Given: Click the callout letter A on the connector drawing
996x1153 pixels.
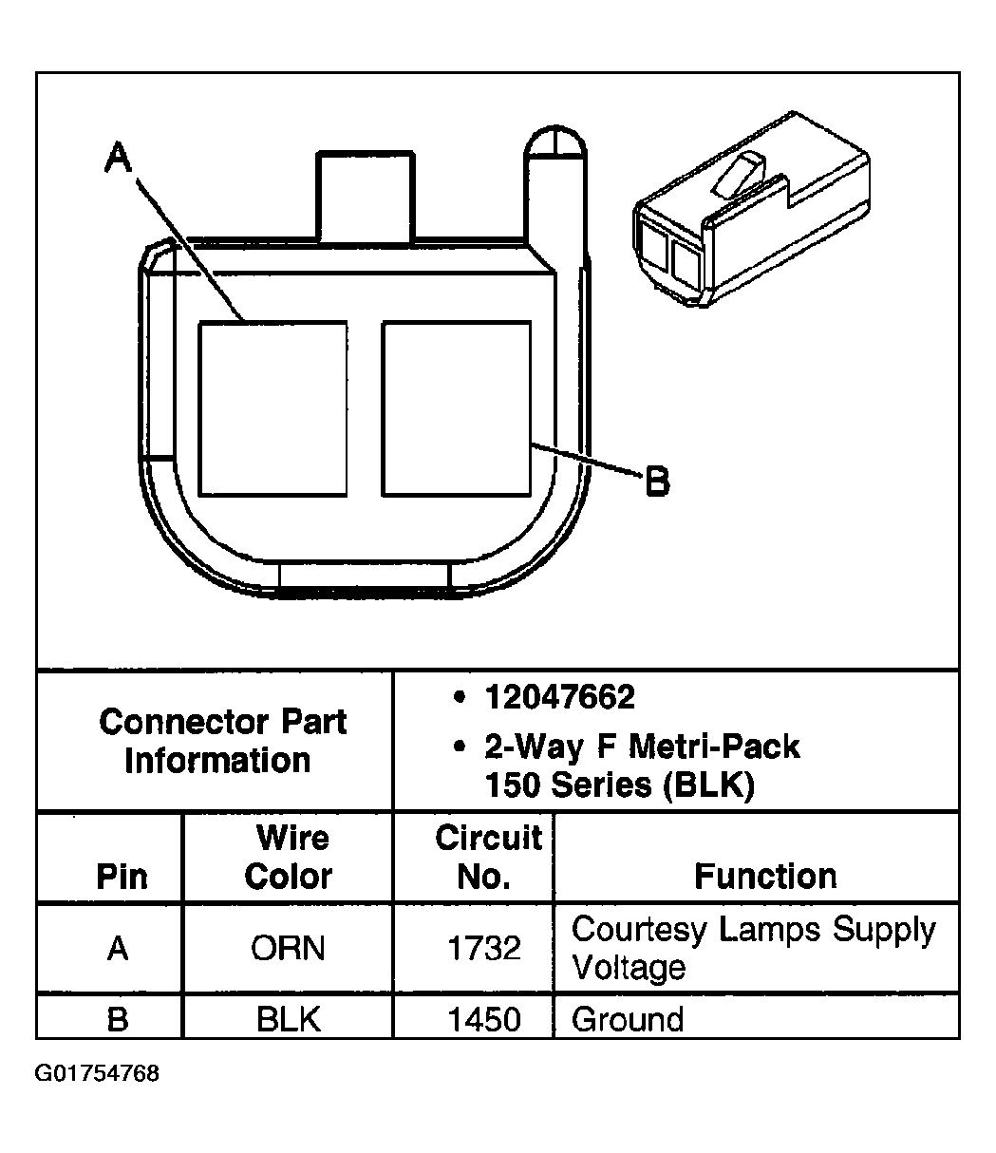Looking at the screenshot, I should [118, 159].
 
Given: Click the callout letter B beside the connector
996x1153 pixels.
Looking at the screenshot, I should [657, 482].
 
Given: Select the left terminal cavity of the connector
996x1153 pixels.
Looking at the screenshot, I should [272, 408].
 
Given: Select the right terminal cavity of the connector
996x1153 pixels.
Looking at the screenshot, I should [456, 408].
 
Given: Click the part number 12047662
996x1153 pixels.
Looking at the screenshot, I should [559, 698].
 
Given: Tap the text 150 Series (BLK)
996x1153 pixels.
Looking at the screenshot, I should [619, 785].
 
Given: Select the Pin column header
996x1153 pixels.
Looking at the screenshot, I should [122, 876].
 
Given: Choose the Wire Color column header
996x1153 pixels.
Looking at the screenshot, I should [288, 857].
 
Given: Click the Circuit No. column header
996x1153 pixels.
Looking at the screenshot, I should [487, 857].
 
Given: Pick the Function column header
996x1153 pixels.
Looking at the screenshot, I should [765, 876].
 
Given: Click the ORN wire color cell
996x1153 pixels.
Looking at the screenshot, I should [288, 948].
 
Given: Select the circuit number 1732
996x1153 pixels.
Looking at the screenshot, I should [484, 948].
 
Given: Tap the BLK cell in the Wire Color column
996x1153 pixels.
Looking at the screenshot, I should [288, 1020].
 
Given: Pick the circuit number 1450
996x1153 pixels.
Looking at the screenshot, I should [484, 1020].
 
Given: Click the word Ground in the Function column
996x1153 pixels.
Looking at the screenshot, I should [628, 1020].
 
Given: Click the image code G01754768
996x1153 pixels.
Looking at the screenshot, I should [97, 1074].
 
